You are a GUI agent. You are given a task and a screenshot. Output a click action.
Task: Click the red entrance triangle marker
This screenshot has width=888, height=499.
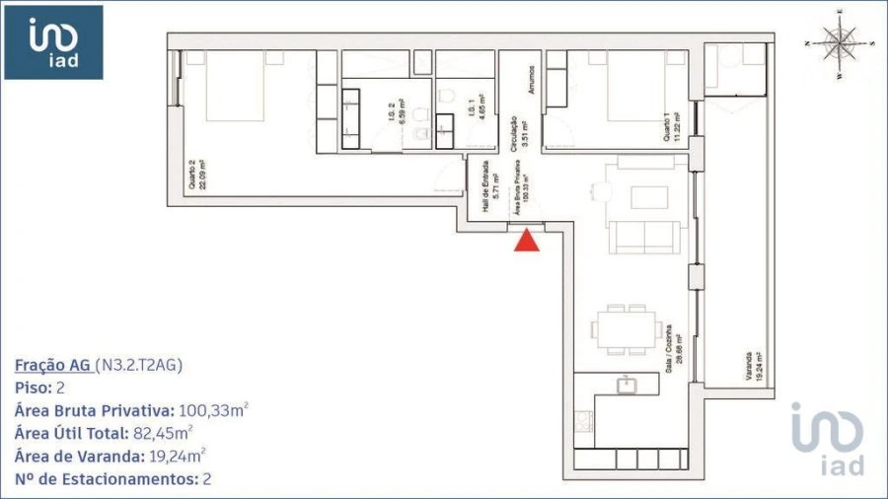528,241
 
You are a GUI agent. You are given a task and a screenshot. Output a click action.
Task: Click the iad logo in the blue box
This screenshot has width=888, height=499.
53,41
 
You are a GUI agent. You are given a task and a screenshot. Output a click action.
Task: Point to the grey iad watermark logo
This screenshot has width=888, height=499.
827,439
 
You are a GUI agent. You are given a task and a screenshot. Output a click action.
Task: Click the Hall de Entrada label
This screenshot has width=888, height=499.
485,187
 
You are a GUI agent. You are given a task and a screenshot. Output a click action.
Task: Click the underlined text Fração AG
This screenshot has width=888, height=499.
54,366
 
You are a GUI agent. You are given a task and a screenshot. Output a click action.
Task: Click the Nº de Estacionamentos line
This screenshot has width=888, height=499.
113,479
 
